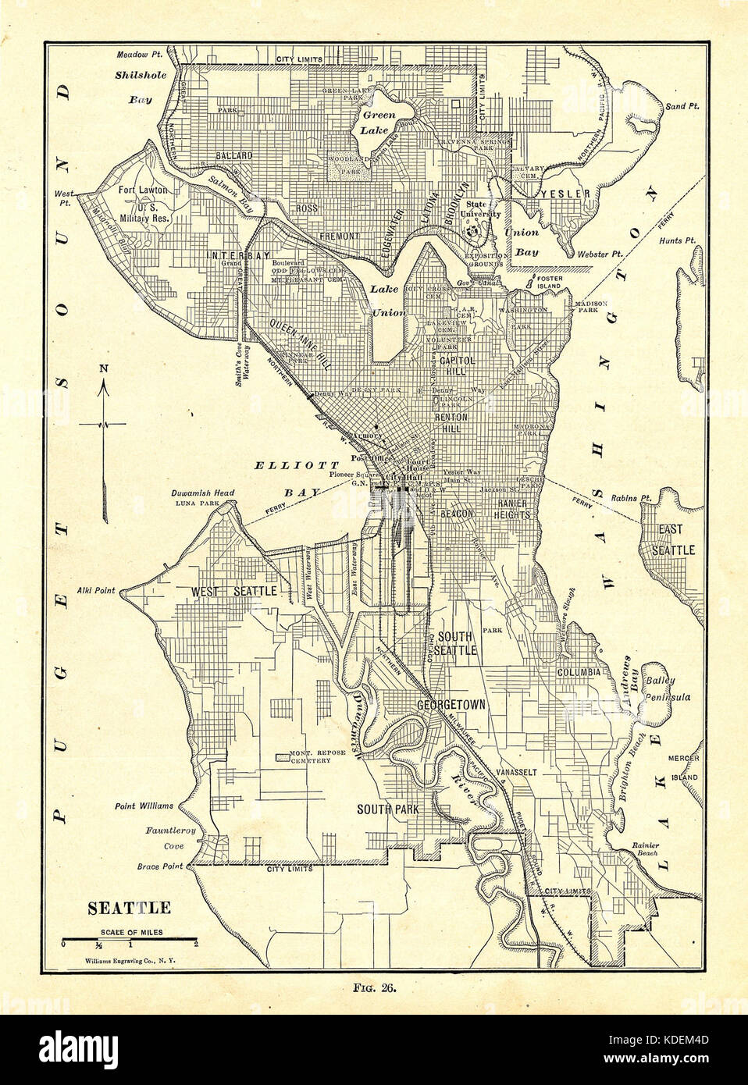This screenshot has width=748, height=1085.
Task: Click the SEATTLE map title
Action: point(129,908)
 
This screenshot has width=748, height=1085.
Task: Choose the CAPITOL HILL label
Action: point(454,368)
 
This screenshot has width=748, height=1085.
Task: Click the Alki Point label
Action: point(94,591)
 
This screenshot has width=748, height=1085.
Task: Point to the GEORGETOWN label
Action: point(451,704)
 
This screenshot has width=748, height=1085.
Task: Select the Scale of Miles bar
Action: point(129,938)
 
